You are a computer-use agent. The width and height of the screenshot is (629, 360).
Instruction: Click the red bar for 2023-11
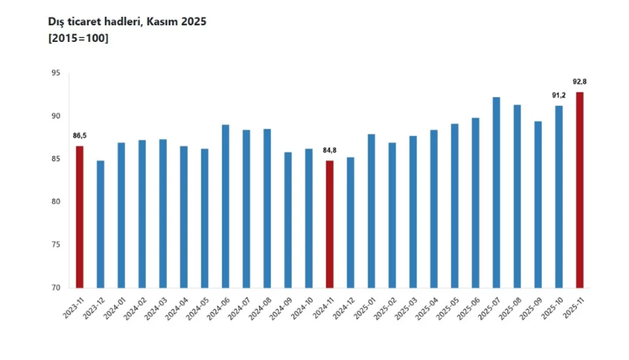(x=80, y=217)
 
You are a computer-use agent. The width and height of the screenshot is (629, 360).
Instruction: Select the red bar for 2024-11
(x=330, y=224)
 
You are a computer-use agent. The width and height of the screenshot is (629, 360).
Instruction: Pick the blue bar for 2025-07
(x=496, y=192)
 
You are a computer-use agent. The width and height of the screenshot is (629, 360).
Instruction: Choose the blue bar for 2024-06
(x=226, y=206)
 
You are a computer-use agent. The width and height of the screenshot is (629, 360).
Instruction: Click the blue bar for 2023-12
(x=101, y=224)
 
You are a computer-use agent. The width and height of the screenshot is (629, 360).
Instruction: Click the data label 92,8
(x=580, y=81)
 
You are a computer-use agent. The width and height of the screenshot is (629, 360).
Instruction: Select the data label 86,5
(x=80, y=136)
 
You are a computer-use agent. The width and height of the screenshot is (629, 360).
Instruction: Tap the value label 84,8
(x=330, y=150)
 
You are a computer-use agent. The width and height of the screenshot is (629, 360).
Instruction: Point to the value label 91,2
(x=559, y=96)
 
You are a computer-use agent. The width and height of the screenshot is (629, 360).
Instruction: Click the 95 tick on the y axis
(x=55, y=73)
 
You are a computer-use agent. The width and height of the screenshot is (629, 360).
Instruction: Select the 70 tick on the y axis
(x=55, y=288)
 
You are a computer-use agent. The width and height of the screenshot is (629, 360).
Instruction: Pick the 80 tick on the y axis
(x=55, y=202)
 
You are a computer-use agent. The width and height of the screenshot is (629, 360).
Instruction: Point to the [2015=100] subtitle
(x=78, y=39)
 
